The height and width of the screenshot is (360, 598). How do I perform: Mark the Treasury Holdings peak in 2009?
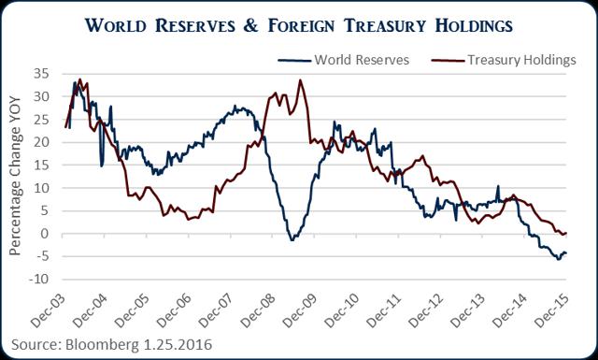(x=300, y=80)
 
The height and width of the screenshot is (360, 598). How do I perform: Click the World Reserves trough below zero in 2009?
(x=292, y=240)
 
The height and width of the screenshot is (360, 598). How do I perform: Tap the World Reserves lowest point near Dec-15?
(x=559, y=259)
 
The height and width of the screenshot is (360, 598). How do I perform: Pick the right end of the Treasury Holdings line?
(x=567, y=233)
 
